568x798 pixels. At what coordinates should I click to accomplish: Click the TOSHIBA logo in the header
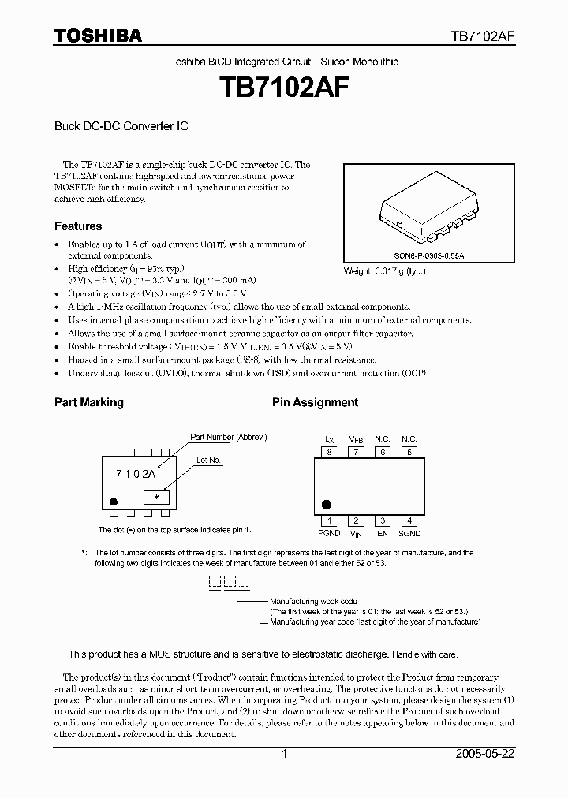pyautogui.click(x=98, y=35)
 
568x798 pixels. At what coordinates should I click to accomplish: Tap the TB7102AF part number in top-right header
pyautogui.click(x=483, y=36)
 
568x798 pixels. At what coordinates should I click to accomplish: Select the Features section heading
pyautogui.click(x=78, y=226)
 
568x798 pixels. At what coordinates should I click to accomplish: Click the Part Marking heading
pyautogui.click(x=88, y=402)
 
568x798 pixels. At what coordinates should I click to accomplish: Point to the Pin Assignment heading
pyautogui.click(x=315, y=402)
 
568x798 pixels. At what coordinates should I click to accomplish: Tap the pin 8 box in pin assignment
pyautogui.click(x=329, y=453)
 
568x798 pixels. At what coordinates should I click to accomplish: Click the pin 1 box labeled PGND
pyautogui.click(x=329, y=520)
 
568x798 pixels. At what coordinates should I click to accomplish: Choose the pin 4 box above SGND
pyautogui.click(x=409, y=520)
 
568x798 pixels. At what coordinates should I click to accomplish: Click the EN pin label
pyautogui.click(x=383, y=533)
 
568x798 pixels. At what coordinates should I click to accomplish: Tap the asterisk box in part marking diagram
pyautogui.click(x=156, y=497)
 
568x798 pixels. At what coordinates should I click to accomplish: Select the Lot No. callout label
pyautogui.click(x=208, y=460)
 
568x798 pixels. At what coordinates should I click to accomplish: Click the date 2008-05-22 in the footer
pyautogui.click(x=485, y=754)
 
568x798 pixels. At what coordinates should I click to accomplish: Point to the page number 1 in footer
pyautogui.click(x=284, y=754)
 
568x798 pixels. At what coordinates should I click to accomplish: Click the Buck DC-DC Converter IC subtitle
pyautogui.click(x=121, y=125)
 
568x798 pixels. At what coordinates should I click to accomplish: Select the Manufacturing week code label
pyautogui.click(x=313, y=601)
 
